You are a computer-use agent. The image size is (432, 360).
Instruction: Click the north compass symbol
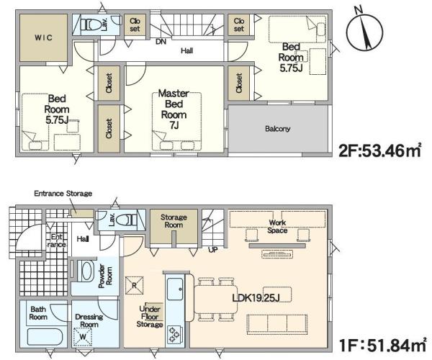(x=364, y=30)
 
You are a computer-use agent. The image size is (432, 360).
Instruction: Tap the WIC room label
(x=43, y=37)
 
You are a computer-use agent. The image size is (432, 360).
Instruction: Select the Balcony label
(x=277, y=129)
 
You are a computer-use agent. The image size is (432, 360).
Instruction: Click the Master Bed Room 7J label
(x=174, y=109)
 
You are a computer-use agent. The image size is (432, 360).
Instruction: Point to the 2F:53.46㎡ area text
(x=380, y=150)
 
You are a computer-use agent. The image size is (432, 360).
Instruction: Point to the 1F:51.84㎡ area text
(x=383, y=345)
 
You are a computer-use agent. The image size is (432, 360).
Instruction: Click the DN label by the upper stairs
(x=161, y=42)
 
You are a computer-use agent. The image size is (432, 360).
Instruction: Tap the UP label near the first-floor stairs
(x=213, y=250)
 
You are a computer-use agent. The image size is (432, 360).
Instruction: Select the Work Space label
(x=277, y=226)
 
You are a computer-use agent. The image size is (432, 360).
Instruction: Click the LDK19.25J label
(x=256, y=298)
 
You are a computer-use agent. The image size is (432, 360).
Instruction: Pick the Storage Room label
(x=174, y=221)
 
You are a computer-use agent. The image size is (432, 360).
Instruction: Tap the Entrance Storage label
(x=63, y=194)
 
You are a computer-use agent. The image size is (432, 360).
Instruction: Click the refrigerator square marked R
(x=134, y=285)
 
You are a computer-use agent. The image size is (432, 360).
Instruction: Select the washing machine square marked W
(x=84, y=336)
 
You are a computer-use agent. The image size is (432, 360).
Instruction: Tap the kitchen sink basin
(x=175, y=289)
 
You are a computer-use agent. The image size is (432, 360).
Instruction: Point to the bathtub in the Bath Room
(x=45, y=337)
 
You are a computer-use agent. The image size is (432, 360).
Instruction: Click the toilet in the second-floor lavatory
(x=91, y=24)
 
